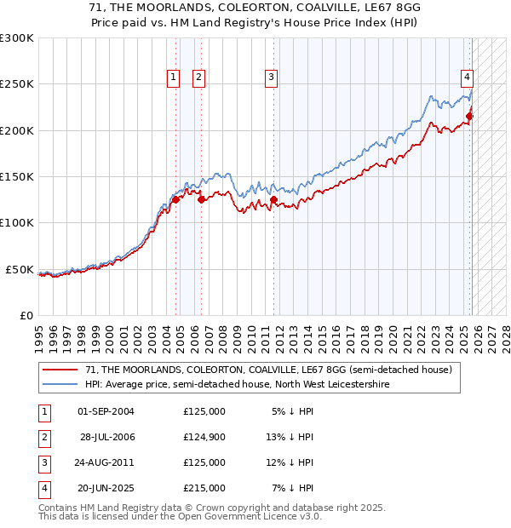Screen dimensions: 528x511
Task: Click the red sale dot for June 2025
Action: [x=469, y=117]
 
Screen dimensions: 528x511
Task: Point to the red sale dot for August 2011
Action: [x=274, y=200]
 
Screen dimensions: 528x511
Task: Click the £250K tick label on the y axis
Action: [x=16, y=84]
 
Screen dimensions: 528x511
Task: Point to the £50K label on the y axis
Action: [x=19, y=269]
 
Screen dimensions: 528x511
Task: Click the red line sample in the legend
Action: [x=60, y=370]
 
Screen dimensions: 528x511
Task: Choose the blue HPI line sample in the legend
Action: [x=60, y=385]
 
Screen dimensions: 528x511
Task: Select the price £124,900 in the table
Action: [x=204, y=437]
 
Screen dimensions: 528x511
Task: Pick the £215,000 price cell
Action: [x=204, y=488]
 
